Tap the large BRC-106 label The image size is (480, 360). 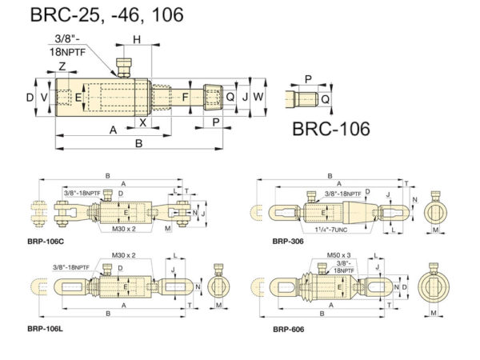point(330,129)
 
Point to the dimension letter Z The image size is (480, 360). point(62,66)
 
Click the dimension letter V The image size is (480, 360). point(45,98)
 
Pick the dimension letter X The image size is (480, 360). point(143,122)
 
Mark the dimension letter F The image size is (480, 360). point(186,98)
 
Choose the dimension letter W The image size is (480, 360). point(258,97)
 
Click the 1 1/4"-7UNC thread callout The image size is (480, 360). point(342,229)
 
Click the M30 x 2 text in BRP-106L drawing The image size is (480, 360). point(124,255)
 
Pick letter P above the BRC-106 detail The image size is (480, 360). point(308,79)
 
